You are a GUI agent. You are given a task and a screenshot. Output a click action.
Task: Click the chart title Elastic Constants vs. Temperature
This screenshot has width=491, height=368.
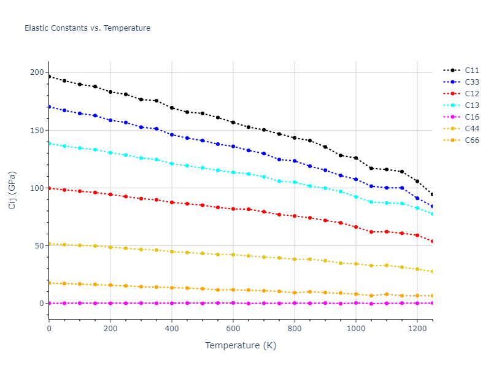click(87, 28)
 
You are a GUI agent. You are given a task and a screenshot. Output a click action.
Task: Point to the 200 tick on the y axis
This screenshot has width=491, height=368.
click(37, 73)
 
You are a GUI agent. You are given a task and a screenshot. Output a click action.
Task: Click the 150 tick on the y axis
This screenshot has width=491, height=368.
click(37, 131)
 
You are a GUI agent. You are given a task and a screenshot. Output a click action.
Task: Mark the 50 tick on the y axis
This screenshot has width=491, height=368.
click(39, 246)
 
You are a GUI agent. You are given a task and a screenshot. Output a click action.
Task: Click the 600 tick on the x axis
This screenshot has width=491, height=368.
click(233, 329)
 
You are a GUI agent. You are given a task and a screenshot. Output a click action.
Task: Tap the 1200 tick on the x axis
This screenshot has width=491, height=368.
click(417, 329)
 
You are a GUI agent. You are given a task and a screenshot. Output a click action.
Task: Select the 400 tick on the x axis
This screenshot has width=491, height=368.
click(172, 329)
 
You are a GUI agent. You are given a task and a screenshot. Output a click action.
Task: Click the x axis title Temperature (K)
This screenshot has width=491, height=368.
click(241, 346)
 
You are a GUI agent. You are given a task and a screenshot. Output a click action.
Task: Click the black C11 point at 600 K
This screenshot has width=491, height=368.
click(233, 122)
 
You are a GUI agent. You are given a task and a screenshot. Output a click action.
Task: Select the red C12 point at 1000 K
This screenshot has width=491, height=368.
click(356, 227)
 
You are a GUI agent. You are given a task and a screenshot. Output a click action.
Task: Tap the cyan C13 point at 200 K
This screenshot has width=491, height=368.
click(110, 153)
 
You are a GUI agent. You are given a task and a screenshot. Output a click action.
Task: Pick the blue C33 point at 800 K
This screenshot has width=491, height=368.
click(295, 161)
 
